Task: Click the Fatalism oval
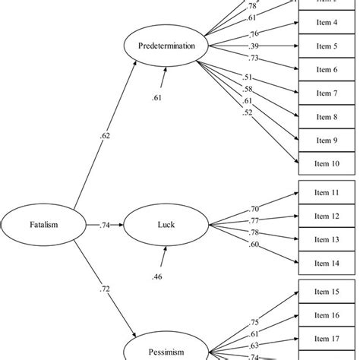(x=37, y=226)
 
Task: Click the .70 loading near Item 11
(x=255, y=208)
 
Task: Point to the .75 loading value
(x=257, y=321)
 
